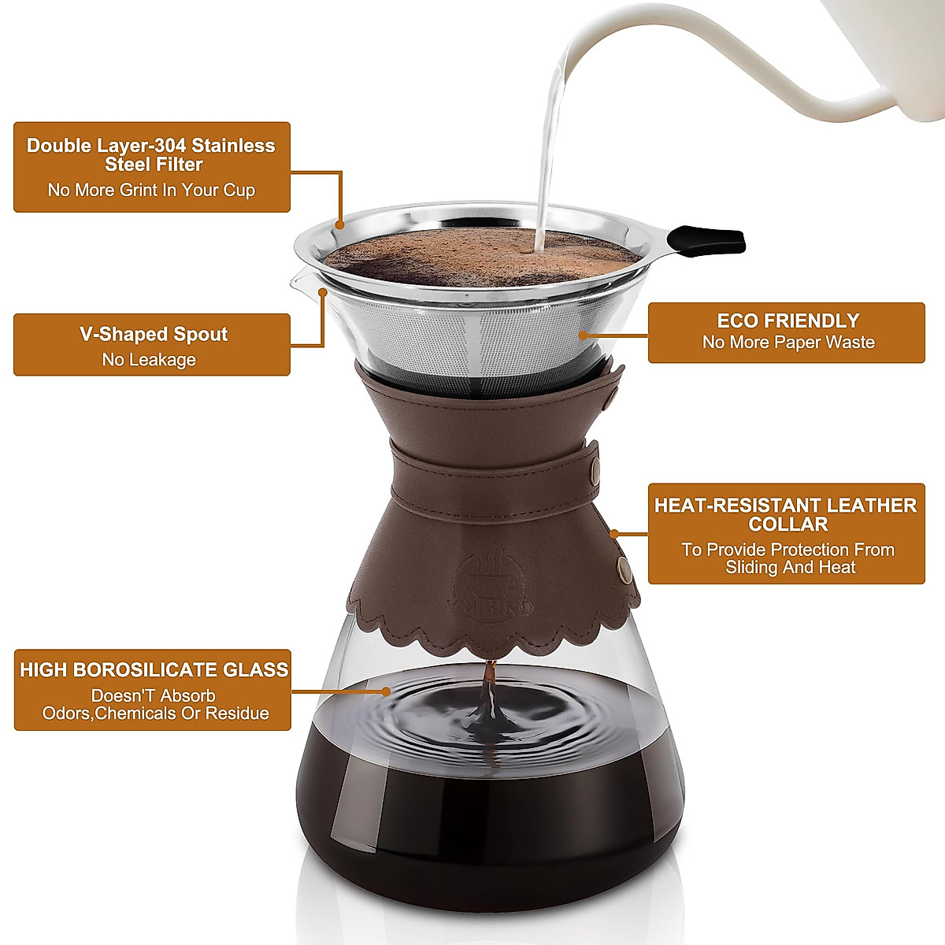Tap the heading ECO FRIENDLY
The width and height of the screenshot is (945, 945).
(787, 321)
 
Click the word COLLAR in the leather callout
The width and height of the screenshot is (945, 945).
(787, 524)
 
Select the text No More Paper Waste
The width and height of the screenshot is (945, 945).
(787, 342)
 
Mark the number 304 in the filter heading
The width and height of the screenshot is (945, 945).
(165, 146)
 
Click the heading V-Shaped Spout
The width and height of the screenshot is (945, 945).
(153, 334)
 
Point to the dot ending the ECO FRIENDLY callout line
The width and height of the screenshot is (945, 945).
(583, 335)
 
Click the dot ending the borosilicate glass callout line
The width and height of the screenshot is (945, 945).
(386, 691)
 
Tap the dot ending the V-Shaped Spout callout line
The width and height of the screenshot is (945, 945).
(323, 291)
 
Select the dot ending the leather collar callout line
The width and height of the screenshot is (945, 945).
(615, 534)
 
